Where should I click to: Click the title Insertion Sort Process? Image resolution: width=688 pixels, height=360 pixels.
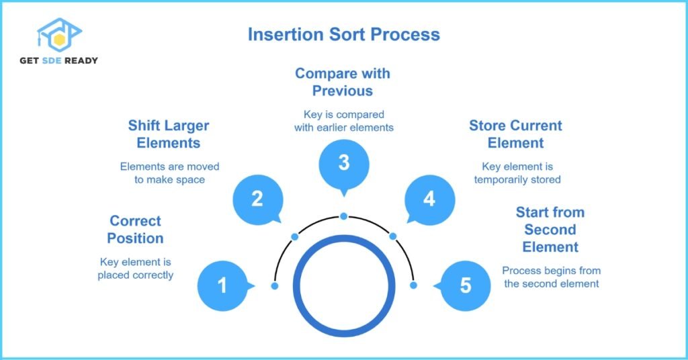(343, 35)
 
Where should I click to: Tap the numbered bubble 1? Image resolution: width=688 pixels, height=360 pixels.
(223, 286)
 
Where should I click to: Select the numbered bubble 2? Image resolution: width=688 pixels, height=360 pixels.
(257, 200)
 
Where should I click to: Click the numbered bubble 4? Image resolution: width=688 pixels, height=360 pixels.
(429, 200)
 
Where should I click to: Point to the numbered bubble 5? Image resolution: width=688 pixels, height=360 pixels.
(464, 286)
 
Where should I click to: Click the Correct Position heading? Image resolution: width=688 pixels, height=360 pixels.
(135, 229)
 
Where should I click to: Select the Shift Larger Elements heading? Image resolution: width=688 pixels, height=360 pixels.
(169, 134)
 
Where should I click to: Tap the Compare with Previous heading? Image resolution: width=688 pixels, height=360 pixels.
(343, 82)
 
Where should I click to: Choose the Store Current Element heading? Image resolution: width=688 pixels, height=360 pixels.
(515, 134)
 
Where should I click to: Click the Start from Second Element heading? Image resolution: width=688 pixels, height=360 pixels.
(550, 229)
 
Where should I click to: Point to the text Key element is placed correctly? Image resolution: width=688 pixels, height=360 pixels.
(136, 269)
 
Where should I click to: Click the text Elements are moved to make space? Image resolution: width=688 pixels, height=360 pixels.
(169, 173)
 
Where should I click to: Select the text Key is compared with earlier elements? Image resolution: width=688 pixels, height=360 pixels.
(344, 121)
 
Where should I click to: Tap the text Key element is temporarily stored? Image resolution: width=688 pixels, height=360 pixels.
(517, 173)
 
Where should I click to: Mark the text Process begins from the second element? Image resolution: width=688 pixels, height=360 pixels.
(552, 277)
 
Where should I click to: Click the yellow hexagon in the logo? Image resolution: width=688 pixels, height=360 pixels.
(60, 40)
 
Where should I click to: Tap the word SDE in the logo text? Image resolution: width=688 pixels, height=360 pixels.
(52, 60)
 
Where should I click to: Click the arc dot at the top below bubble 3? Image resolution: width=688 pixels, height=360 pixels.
(344, 216)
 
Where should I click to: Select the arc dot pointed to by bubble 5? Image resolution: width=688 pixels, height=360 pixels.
(413, 285)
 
